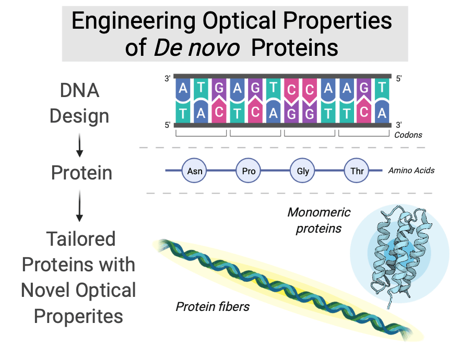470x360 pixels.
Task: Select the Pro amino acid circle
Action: (x=248, y=171)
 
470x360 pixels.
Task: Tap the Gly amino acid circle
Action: (x=303, y=171)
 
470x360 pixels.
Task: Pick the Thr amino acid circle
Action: (x=357, y=171)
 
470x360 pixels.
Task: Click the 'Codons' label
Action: (x=408, y=135)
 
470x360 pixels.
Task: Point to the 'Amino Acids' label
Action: (x=412, y=171)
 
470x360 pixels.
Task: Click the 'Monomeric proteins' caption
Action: (x=319, y=220)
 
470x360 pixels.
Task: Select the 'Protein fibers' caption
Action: (x=213, y=306)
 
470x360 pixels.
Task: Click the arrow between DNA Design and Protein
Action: (x=79, y=147)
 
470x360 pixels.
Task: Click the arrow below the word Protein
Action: (x=79, y=206)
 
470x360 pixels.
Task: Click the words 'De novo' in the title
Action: (x=196, y=48)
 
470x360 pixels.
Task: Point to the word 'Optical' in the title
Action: (x=244, y=21)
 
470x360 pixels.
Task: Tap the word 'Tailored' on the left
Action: (x=81, y=239)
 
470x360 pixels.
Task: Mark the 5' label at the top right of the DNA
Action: (x=400, y=79)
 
